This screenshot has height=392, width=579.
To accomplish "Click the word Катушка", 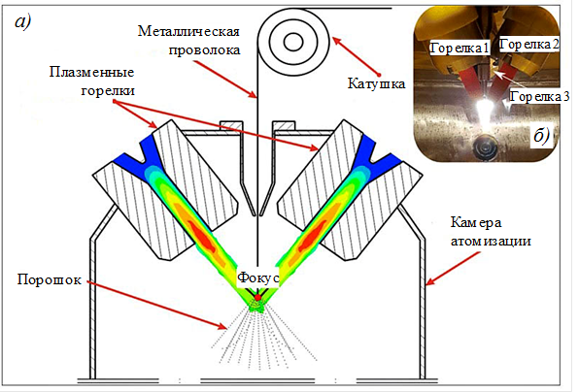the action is point(376,83).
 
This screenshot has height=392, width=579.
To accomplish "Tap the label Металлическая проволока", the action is point(188,40).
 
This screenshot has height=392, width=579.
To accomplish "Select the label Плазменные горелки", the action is point(92,82).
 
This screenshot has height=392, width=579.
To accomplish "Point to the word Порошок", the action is point(50,279).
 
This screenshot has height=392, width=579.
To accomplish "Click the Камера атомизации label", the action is point(491,232).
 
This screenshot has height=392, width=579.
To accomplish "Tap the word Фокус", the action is point(258,278).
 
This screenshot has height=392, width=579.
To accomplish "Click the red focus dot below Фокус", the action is point(258,297).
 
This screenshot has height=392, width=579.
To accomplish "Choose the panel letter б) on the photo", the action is point(542,136).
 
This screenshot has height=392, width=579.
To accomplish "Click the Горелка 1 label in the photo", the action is point(460,48).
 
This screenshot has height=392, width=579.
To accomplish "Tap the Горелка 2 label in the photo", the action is point(529,45).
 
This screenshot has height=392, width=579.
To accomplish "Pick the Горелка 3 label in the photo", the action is point(539,97).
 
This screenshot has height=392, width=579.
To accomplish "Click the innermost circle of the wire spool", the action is point(293,42).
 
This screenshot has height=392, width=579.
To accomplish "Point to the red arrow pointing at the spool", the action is point(357,56).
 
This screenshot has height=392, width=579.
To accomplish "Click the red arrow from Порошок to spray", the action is point(156,305).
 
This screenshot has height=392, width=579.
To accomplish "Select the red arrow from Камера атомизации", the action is point(453,269).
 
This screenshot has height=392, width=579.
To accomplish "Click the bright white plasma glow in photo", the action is point(484,110).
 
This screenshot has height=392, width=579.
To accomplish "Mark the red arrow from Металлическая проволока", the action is point(225,80).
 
